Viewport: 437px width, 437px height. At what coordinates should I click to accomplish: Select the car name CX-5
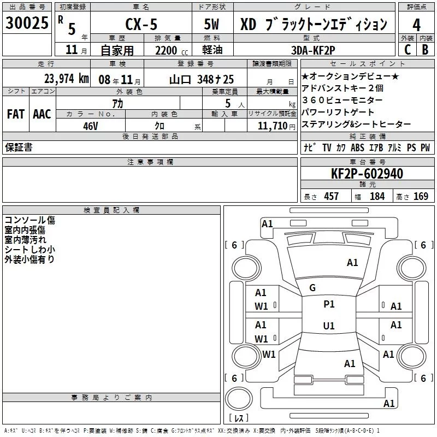[139, 25]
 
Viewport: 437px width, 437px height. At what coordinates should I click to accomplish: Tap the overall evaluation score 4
[416, 25]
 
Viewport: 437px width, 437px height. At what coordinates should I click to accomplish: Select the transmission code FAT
[15, 114]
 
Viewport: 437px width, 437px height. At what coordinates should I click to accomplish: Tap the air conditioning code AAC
[42, 114]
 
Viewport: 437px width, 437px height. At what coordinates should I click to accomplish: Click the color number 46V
[90, 126]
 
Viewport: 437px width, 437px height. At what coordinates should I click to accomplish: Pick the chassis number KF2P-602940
[367, 174]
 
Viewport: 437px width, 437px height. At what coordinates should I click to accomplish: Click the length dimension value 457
[331, 197]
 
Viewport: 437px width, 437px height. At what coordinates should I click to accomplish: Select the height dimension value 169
[421, 197]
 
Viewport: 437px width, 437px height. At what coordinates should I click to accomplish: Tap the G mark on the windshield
[312, 288]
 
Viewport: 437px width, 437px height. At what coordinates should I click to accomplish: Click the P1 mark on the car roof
[329, 304]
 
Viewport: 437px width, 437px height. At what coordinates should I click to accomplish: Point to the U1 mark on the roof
[329, 326]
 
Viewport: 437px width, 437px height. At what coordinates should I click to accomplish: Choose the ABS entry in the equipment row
[357, 148]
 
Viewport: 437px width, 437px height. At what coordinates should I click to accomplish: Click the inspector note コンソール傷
[29, 221]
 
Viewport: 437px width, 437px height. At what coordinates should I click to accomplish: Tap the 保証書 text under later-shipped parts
[19, 147]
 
